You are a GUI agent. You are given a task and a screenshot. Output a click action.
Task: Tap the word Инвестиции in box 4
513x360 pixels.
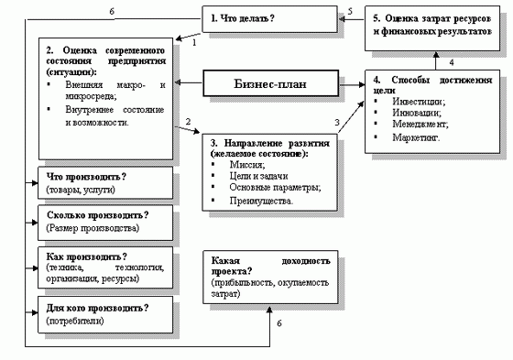[409, 101]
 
